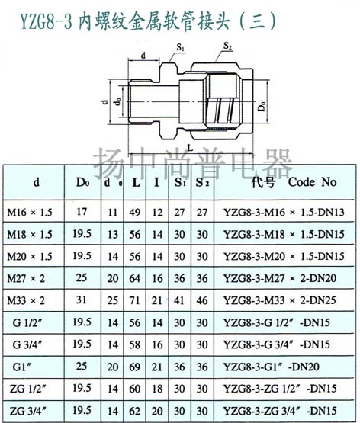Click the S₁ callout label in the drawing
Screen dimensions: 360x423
[181, 47]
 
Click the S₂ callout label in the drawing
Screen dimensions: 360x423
[228, 46]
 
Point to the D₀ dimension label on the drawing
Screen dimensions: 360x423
[262, 106]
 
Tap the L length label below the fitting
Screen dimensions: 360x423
[191, 148]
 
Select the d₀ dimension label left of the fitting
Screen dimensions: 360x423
[117, 102]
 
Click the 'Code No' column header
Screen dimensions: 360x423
[312, 182]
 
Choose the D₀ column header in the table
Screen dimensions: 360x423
[82, 182]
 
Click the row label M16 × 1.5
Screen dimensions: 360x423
[30, 213]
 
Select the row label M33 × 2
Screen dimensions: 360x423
[26, 300]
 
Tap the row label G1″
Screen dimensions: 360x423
[21, 367]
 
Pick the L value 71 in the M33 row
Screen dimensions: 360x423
[134, 300]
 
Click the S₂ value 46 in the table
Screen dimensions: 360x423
[202, 300]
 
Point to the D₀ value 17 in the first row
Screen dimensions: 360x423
[82, 212]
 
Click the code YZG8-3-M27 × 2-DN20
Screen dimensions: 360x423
[280, 278]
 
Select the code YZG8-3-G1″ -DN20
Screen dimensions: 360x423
[272, 367]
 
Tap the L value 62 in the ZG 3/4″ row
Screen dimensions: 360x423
[134, 411]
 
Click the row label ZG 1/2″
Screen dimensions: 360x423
[28, 389]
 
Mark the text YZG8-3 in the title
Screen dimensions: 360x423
[46, 22]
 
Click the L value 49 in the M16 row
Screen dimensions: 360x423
[134, 213]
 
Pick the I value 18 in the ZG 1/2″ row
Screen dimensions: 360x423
[157, 389]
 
